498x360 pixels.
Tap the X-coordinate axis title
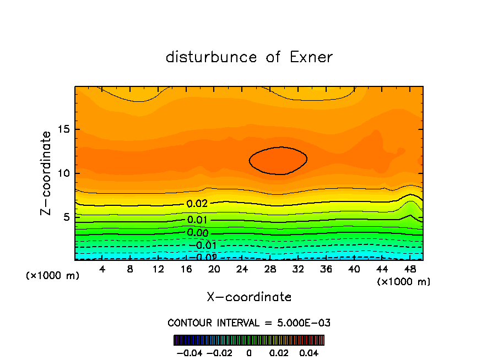coord(249,297)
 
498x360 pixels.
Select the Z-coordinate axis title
coord(47,173)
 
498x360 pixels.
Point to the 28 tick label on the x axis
coord(270,269)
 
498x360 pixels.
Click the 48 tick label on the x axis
coord(410,269)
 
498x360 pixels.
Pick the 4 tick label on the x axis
coord(102,269)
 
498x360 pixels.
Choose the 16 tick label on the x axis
coord(186,269)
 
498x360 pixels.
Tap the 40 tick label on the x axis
coord(354,269)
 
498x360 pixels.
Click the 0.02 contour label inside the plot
coord(197,204)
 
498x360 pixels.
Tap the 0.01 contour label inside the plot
coord(197,220)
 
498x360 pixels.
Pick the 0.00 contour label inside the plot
coord(197,232)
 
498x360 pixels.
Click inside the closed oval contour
coord(278,160)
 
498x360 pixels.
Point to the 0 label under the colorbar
coord(249,352)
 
